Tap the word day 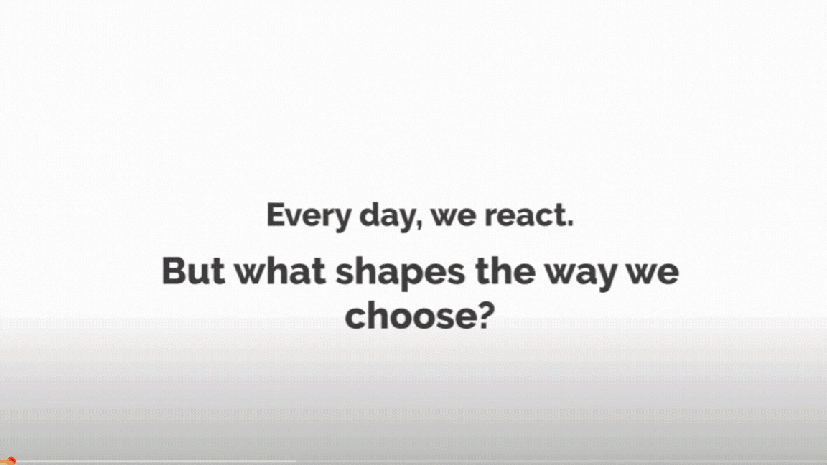389,215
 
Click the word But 193,271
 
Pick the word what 280,271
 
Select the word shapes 401,274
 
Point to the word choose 410,315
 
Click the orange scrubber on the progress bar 11,461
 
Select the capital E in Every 276,215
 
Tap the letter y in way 604,278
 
